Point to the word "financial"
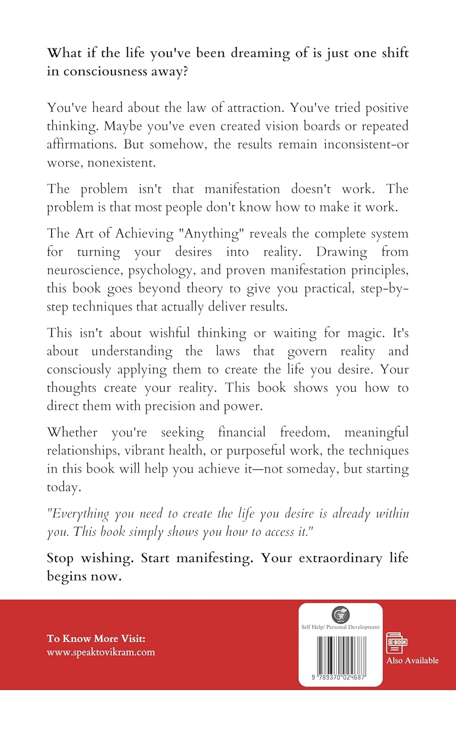tap(241, 432)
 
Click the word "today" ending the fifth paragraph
tap(62, 487)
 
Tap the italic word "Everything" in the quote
tap(80, 514)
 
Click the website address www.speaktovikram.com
tap(101, 652)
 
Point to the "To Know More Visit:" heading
tap(96, 638)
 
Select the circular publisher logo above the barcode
tap(340, 614)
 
